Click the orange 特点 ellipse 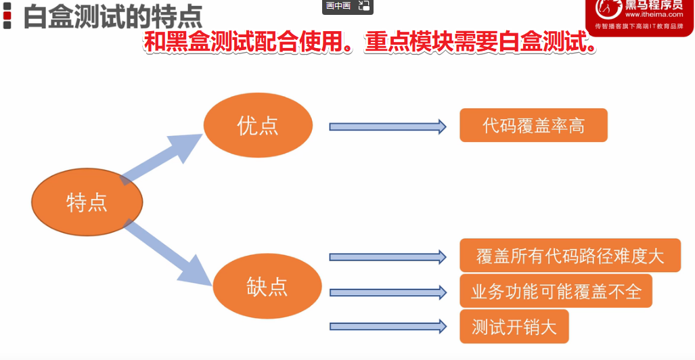(87, 202)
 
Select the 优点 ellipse (258, 125)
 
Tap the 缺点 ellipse (267, 286)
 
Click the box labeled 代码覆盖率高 (533, 125)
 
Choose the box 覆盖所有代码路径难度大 (570, 256)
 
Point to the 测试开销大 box (514, 326)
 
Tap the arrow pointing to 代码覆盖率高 (387, 127)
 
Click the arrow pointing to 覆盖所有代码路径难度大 (387, 257)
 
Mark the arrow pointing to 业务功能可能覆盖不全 (387, 292)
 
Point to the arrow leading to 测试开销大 (387, 326)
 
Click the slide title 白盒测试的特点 (112, 16)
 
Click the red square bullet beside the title (7, 15)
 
